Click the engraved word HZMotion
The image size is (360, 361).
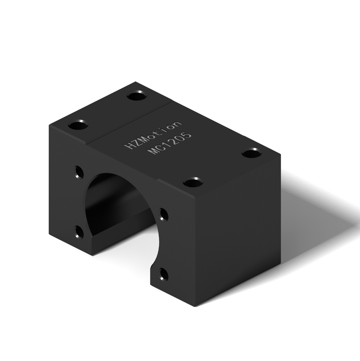click(153, 135)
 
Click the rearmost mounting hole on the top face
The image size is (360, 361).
click(137, 96)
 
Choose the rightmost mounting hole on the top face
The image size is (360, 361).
click(252, 153)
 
